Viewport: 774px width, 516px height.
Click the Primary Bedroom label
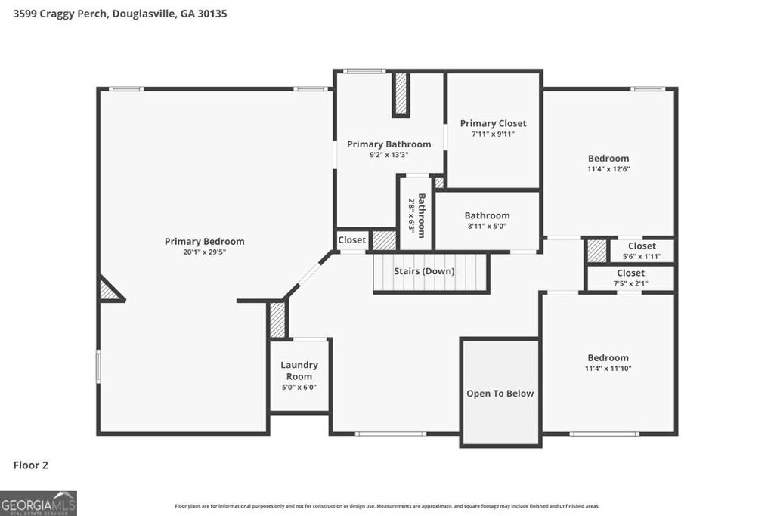coord(205,242)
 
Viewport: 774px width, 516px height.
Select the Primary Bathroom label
coord(389,144)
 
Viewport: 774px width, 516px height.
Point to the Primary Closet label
coord(493,123)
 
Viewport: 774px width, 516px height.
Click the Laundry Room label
coord(299,370)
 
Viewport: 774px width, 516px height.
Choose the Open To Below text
coord(500,393)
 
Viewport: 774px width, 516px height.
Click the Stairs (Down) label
coord(424,270)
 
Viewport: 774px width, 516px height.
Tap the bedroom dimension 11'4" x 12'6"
coord(608,169)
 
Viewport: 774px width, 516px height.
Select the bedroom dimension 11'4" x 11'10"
coord(608,369)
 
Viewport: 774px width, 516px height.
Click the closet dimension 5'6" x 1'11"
coord(642,256)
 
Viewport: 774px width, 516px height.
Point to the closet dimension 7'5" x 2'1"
coord(630,283)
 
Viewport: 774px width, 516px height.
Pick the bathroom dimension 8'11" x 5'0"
coord(487,226)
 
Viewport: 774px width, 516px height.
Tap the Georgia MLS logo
coord(39,503)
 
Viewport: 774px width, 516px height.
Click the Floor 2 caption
coord(31,465)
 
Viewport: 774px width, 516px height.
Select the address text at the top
coord(120,14)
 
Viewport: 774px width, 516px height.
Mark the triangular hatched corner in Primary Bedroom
coord(109,291)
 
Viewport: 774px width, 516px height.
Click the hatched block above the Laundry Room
coord(277,320)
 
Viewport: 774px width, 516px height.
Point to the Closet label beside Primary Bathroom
coord(351,240)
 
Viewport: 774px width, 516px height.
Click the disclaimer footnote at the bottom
coord(387,506)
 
